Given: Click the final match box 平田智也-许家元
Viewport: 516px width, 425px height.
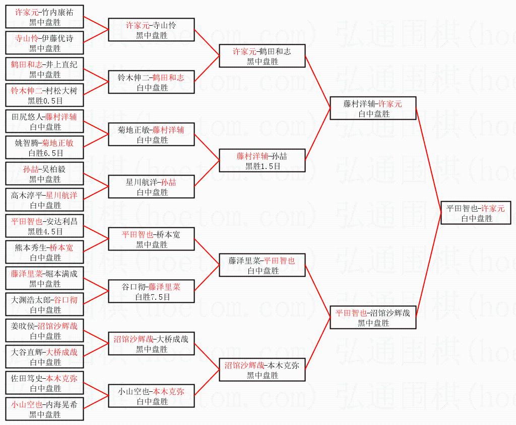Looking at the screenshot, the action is [x=476, y=213].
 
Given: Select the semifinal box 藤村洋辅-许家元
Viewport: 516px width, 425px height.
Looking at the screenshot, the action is [x=373, y=108].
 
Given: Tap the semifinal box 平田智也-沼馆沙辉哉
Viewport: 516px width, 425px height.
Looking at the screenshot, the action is [x=373, y=317].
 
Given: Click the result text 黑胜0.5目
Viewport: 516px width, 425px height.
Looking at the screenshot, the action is [x=45, y=101].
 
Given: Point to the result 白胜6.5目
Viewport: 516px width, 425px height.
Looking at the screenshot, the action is [x=46, y=153].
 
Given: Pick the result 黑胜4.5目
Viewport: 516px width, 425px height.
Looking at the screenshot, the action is [x=45, y=231].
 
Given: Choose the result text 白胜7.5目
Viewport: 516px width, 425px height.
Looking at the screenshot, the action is [x=153, y=297].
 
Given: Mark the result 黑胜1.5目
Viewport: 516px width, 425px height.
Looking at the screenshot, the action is [x=263, y=166].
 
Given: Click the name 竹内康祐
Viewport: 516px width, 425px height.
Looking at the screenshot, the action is [x=57, y=13].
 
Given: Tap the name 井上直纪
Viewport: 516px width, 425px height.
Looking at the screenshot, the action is [x=61, y=64].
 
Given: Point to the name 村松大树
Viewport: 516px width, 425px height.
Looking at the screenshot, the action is [x=61, y=91].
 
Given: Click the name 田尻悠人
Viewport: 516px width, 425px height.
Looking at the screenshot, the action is [x=27, y=117].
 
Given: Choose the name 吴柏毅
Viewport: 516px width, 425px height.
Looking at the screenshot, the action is [x=53, y=169].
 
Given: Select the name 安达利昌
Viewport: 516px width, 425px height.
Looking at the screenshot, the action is [x=61, y=221].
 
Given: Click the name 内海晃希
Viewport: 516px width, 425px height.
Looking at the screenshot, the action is [x=61, y=404].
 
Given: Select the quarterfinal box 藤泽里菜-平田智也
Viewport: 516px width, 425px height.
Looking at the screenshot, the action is [x=262, y=265].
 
